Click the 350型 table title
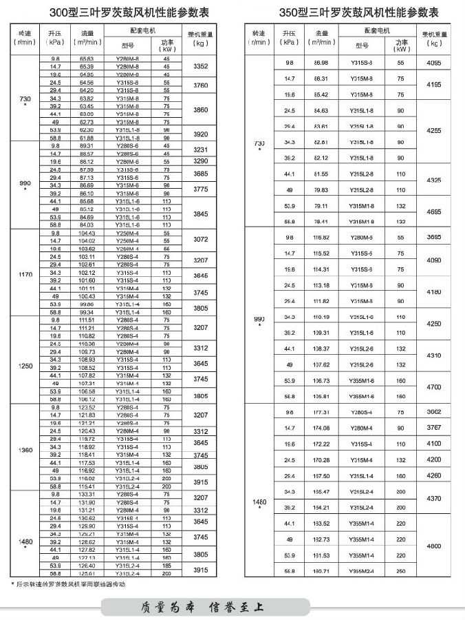(x=349, y=12)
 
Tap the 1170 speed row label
(x=25, y=274)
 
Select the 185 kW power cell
(x=166, y=566)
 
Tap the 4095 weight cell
(x=434, y=63)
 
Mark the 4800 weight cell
(x=434, y=546)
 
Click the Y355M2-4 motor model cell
(x=361, y=571)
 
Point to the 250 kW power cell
(x=401, y=571)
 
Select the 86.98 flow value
(x=321, y=63)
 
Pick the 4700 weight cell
(x=434, y=388)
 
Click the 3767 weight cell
(x=434, y=428)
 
